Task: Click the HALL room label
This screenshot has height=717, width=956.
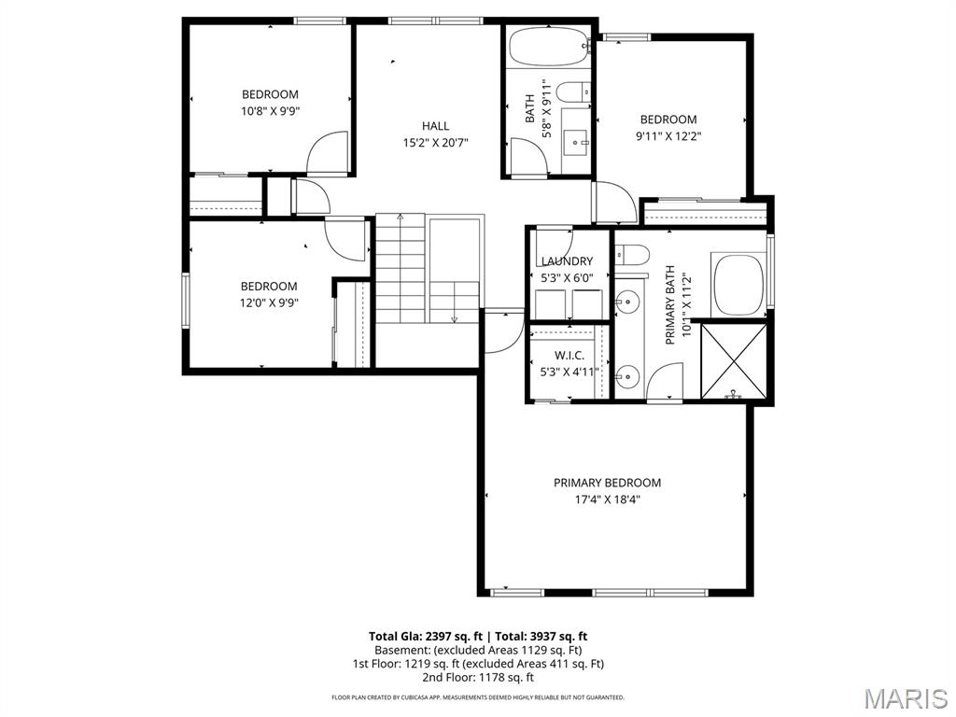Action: click(x=435, y=126)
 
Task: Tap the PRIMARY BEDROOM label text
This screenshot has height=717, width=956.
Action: click(x=607, y=483)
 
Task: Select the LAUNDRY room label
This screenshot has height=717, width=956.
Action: click(x=567, y=261)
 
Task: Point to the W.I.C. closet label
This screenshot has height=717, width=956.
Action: click(x=569, y=355)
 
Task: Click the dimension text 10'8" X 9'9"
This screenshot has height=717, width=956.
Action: click(x=270, y=110)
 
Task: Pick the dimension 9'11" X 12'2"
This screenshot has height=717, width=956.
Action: click(x=668, y=135)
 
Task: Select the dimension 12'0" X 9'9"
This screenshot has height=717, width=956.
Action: click(x=269, y=302)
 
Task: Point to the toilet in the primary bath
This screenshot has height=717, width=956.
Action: click(x=631, y=254)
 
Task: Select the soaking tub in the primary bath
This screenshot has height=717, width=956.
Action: click(x=738, y=284)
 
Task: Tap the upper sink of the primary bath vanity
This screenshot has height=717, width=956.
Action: click(x=628, y=302)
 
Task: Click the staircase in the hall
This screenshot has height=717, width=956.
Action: click(x=428, y=269)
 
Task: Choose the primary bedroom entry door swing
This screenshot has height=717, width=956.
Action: click(x=504, y=333)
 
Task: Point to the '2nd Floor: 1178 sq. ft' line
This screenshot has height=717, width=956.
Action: click(x=478, y=677)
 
